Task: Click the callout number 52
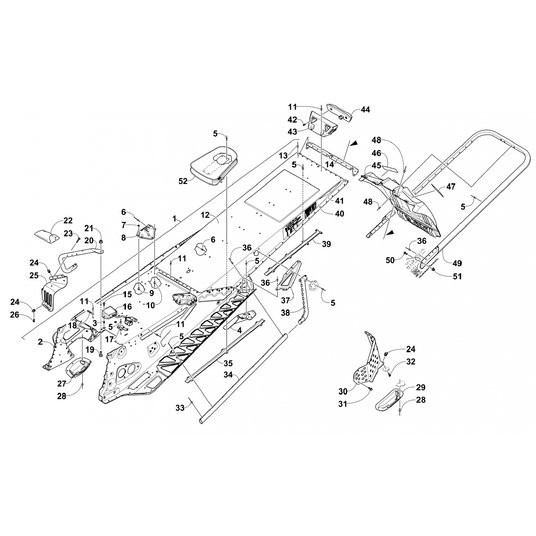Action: [183, 182]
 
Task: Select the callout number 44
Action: [365, 110]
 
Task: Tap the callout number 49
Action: [457, 263]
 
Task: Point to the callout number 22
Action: [68, 220]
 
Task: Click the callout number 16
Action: [127, 307]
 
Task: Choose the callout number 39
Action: [326, 244]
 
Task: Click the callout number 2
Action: [41, 342]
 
